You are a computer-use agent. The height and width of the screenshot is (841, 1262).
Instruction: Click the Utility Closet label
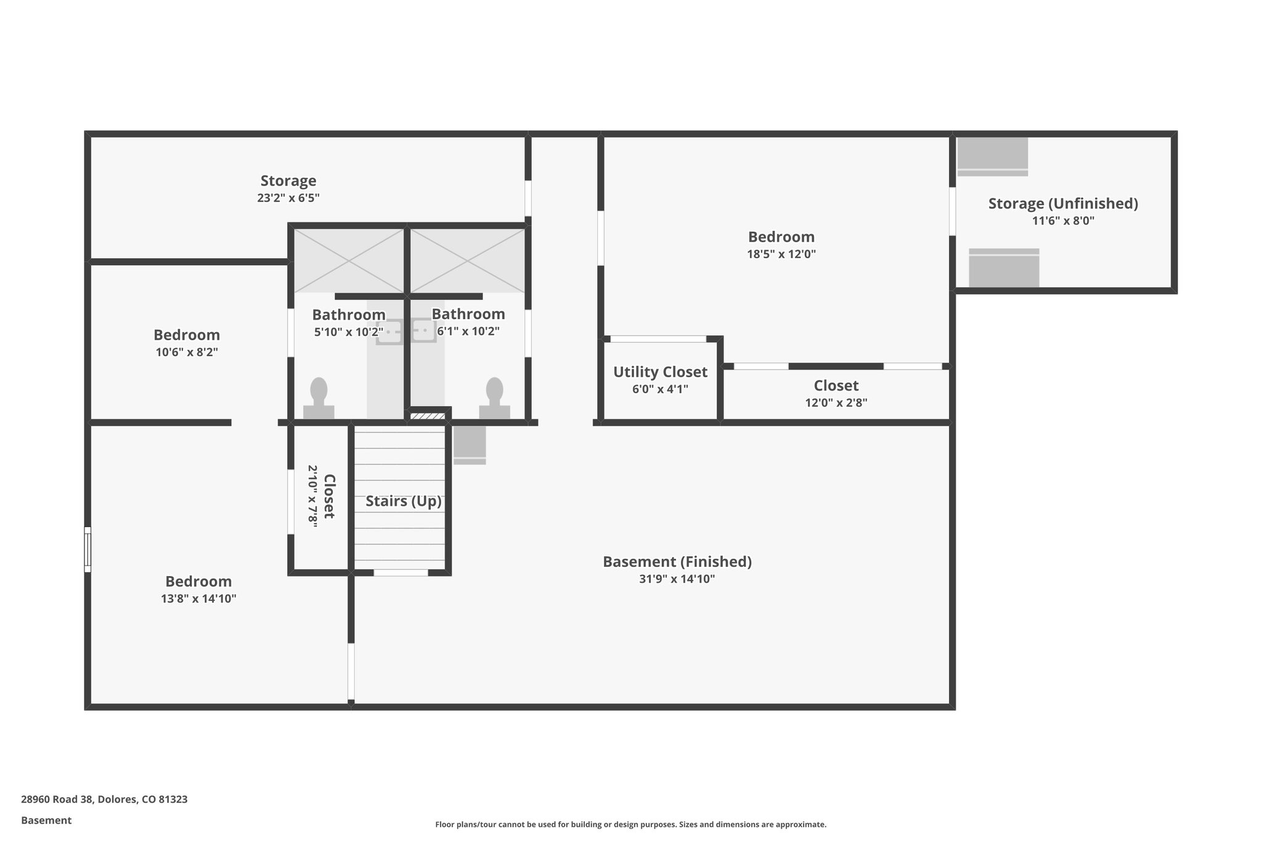pyautogui.click(x=660, y=372)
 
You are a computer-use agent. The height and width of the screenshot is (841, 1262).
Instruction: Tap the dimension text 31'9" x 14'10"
pyautogui.click(x=677, y=579)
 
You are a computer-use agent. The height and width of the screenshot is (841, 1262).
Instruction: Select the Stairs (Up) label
pyautogui.click(x=404, y=501)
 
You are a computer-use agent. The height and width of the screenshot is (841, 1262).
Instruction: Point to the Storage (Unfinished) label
pyautogui.click(x=1063, y=203)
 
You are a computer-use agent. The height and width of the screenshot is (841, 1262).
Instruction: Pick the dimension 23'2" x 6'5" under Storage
pyautogui.click(x=288, y=198)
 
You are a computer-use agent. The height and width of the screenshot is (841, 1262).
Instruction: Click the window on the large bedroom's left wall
pyautogui.click(x=88, y=550)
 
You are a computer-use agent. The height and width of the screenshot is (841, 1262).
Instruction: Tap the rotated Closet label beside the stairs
pyautogui.click(x=328, y=497)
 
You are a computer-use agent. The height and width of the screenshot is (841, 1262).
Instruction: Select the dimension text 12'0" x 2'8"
pyautogui.click(x=836, y=403)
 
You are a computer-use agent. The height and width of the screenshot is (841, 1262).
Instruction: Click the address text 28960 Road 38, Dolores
pyautogui.click(x=104, y=799)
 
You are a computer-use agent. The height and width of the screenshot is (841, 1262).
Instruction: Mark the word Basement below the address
pyautogui.click(x=46, y=820)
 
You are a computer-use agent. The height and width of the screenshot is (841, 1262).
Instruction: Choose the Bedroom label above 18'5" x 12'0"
pyautogui.click(x=781, y=237)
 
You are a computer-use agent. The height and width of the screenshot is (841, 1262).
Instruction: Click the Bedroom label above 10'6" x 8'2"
pyautogui.click(x=187, y=335)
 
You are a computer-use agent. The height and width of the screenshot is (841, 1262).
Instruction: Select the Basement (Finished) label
pyautogui.click(x=677, y=562)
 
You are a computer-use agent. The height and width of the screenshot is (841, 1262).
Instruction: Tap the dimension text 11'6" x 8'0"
pyautogui.click(x=1063, y=221)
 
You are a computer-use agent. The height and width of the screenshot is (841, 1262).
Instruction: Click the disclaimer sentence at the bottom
pyautogui.click(x=630, y=824)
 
